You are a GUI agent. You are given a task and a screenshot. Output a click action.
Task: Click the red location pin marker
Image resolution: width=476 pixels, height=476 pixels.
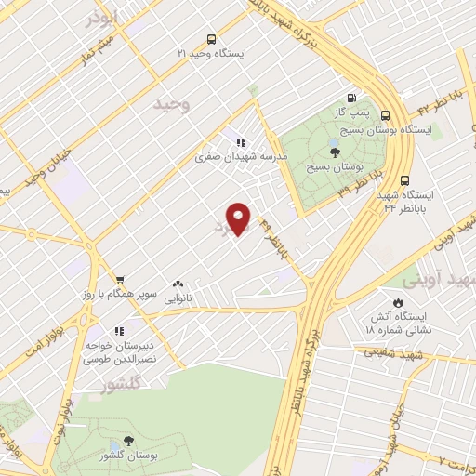(x=241, y=218)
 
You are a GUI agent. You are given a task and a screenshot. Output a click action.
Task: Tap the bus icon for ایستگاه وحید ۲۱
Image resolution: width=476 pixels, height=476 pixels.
(x=212, y=39)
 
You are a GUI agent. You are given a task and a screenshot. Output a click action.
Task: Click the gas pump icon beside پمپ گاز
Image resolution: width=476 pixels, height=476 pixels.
(x=351, y=98)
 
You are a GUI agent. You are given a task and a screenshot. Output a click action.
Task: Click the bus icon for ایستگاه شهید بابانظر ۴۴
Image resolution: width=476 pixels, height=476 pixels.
(x=403, y=181)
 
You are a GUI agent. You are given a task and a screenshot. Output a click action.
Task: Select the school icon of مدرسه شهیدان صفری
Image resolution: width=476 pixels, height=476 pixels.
(x=241, y=142)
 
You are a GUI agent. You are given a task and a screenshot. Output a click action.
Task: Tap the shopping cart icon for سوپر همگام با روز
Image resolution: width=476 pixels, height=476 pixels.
(x=120, y=279)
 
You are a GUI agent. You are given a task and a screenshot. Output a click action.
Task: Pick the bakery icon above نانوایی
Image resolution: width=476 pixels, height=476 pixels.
(x=178, y=284)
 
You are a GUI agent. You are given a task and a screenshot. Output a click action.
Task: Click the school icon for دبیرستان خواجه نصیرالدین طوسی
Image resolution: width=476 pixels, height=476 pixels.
(x=118, y=330)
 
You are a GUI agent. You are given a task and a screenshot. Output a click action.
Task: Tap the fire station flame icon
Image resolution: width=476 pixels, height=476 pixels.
(x=398, y=303)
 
